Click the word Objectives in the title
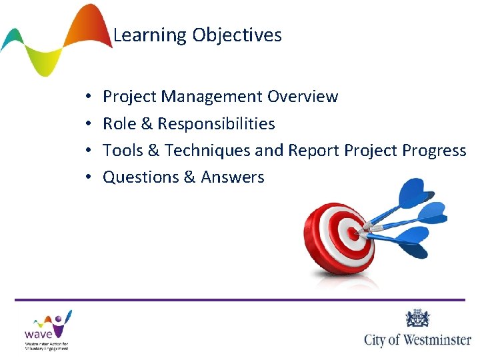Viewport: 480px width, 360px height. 237,35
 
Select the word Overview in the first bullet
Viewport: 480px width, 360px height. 303,97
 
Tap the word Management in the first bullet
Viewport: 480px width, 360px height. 213,97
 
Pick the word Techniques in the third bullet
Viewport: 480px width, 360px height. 208,151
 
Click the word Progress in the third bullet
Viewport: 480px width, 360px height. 434,151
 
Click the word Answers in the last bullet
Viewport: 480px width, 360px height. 233,177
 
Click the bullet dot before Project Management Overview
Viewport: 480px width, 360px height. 88,97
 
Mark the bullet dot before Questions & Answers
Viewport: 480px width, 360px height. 88,178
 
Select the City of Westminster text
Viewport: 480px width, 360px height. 417,340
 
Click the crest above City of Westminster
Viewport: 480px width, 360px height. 417,318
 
